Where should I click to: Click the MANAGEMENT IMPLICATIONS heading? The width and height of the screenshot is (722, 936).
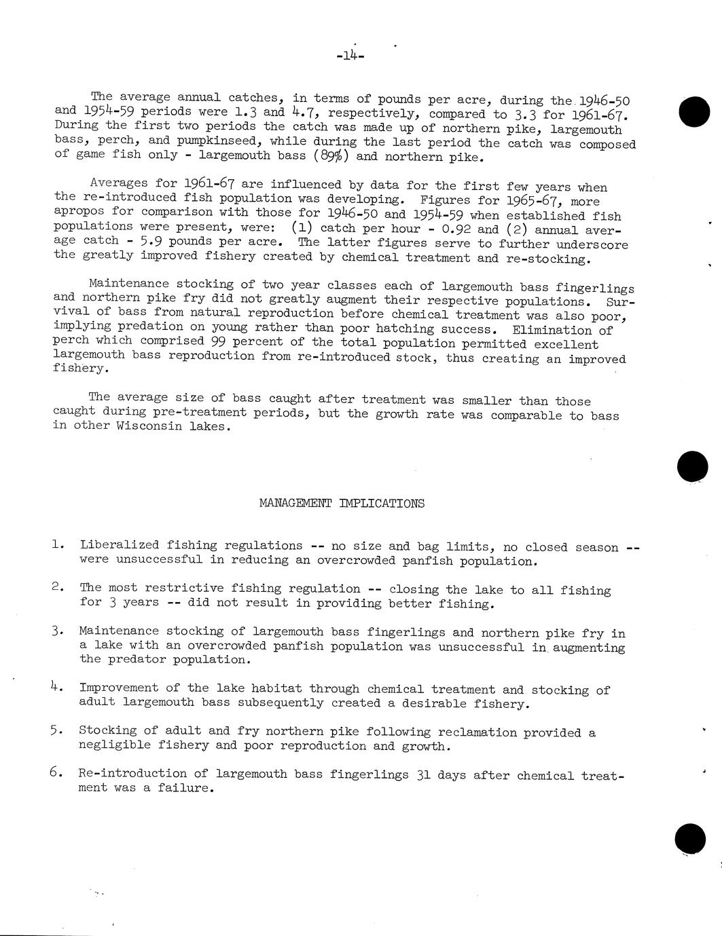[x=342, y=503]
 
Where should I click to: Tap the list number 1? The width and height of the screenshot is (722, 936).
[x=58, y=544]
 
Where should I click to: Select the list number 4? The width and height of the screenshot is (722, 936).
[x=57, y=687]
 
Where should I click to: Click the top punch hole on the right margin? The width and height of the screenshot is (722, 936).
[x=694, y=111]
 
